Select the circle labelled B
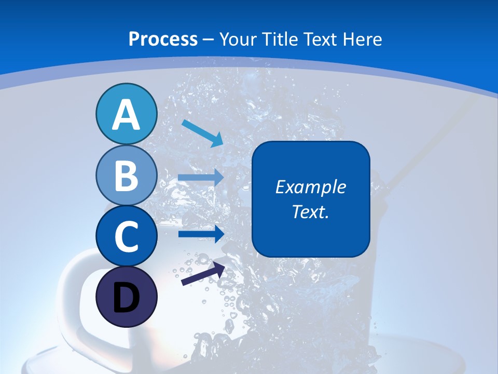pyautogui.click(x=126, y=175)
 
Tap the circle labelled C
pyautogui.click(x=126, y=236)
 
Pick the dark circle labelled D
pyautogui.click(x=126, y=297)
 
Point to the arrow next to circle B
pyautogui.click(x=201, y=178)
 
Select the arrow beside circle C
pyautogui.click(x=201, y=234)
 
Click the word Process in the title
pyautogui.click(x=163, y=39)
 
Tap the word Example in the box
pyautogui.click(x=310, y=187)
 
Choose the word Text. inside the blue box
pyautogui.click(x=310, y=211)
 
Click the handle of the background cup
pyautogui.click(x=70, y=291)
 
